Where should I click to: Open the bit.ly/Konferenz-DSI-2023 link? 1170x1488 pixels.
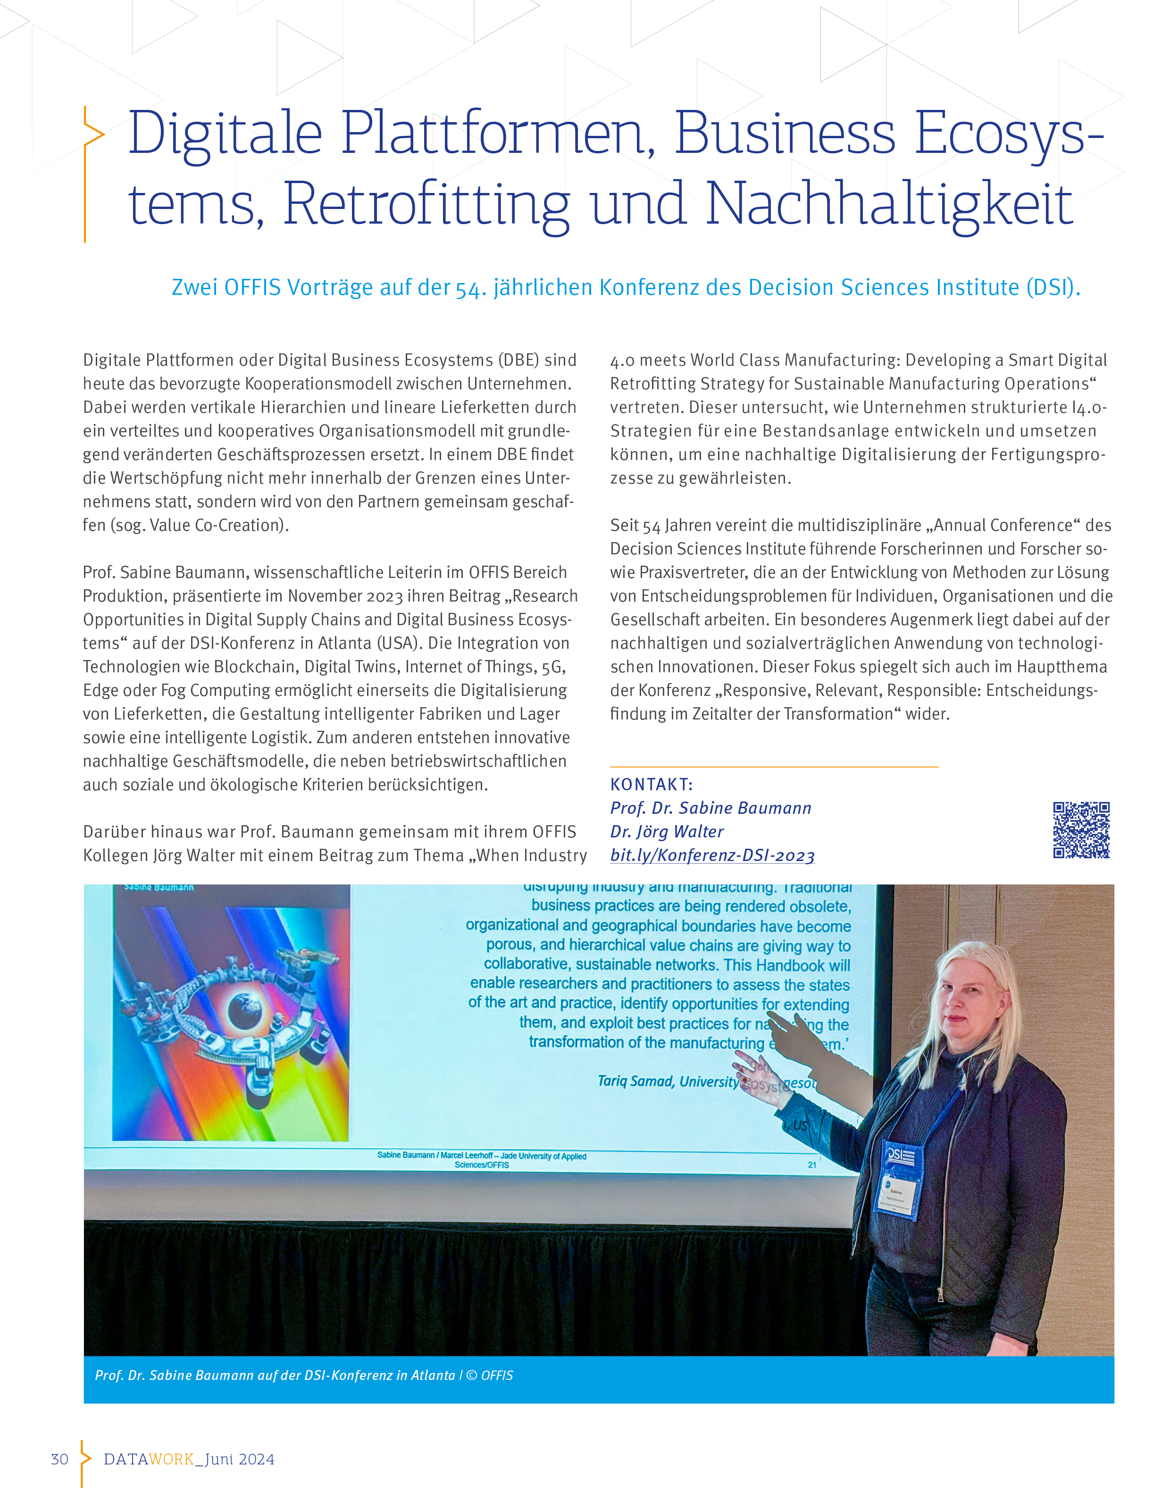[712, 856]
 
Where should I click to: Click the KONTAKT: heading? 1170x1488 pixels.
[652, 785]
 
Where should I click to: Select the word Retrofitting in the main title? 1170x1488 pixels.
[426, 204]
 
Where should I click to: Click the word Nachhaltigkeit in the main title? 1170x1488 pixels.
[889, 204]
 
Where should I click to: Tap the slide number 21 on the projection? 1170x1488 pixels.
[812, 1165]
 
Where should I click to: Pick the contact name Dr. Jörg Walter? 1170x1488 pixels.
[667, 832]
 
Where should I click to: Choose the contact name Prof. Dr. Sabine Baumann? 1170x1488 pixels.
[710, 808]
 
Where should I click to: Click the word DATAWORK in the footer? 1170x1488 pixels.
[149, 1459]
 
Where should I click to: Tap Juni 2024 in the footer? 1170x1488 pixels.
[240, 1459]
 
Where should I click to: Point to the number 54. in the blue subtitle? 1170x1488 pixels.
[471, 288]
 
